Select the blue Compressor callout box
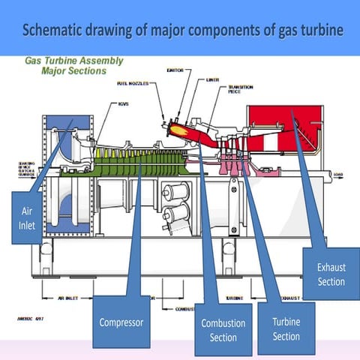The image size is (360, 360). [x=121, y=323]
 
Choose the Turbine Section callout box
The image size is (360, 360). [x=286, y=329]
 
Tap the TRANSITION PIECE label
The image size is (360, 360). [x=240, y=89]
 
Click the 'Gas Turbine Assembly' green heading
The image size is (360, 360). [x=75, y=61]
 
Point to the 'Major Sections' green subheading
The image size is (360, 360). [x=75, y=70]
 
